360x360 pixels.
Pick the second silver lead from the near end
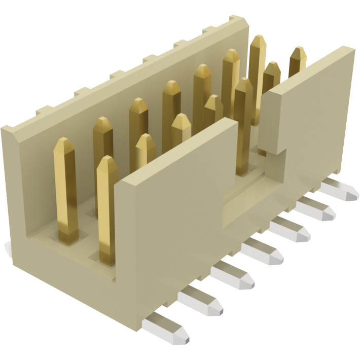coord(201,301)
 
